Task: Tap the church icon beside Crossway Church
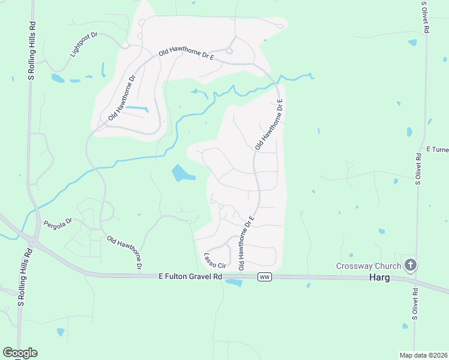tap(411, 265)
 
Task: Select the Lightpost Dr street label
tap(83, 44)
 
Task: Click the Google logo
tap(20, 353)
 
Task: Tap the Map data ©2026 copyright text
tap(423, 355)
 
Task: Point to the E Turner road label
tap(437, 149)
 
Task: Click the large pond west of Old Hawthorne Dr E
tap(182, 174)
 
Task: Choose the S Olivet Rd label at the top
tap(424, 18)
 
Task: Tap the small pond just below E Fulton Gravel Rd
tap(233, 283)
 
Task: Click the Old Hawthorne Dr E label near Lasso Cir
tap(247, 242)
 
